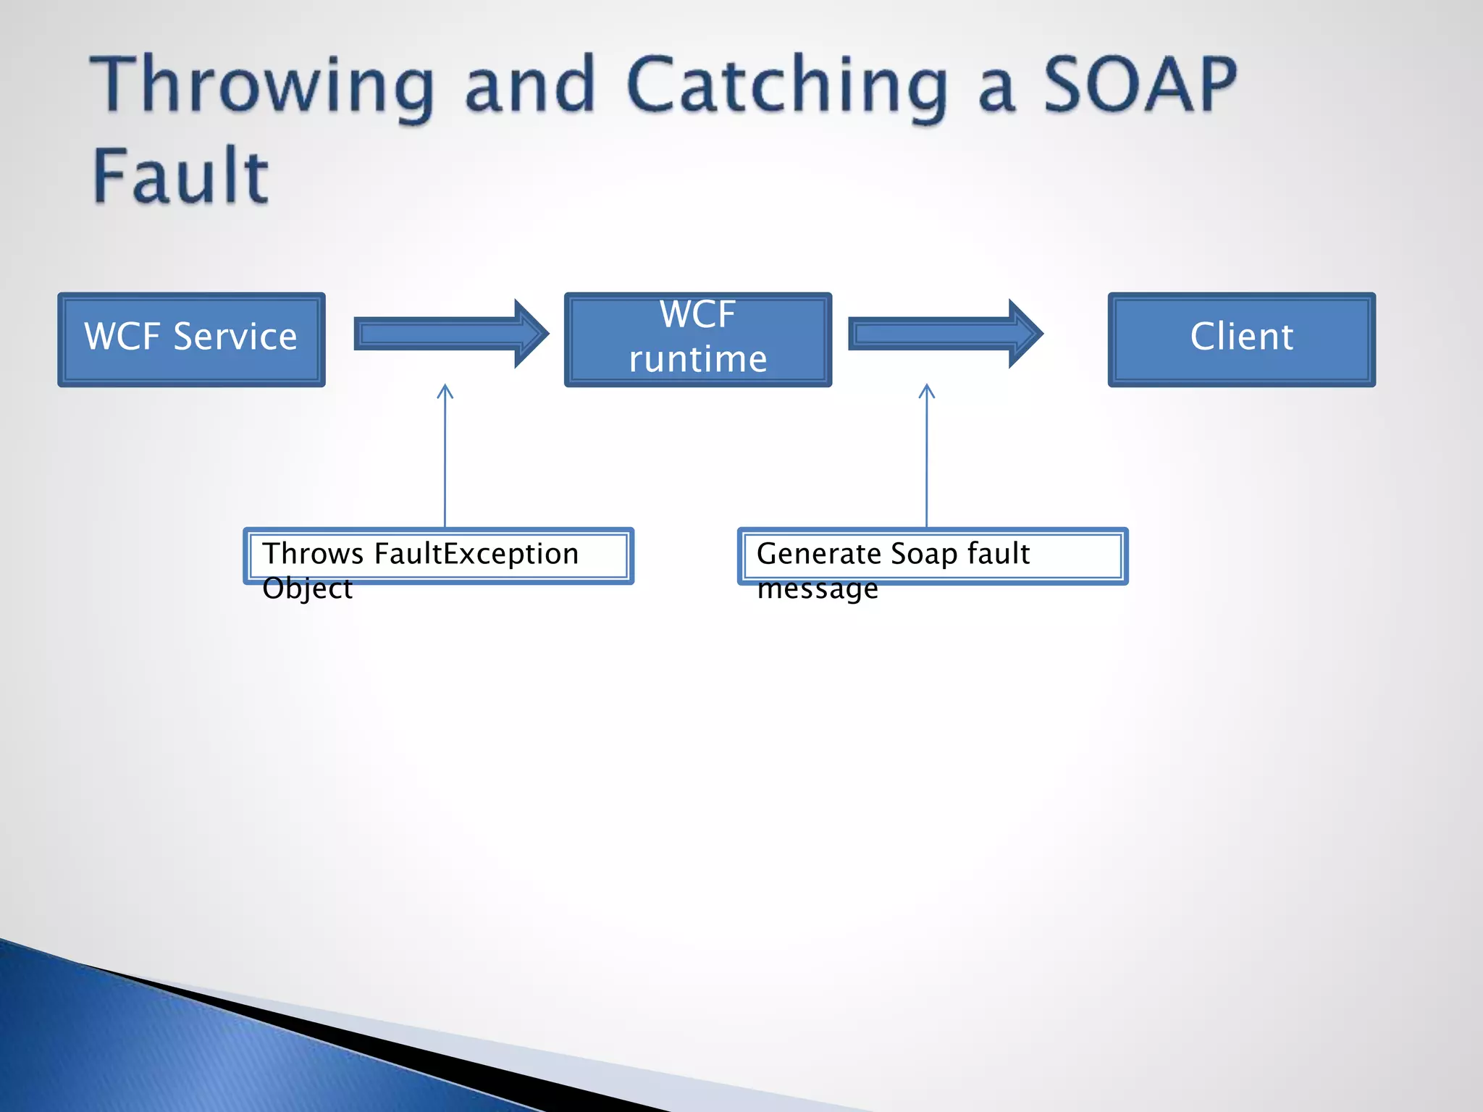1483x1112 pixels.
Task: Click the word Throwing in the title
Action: [262, 87]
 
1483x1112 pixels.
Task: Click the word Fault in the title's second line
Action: [181, 176]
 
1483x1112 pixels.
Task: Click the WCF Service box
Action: [191, 340]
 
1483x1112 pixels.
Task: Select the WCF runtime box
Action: [697, 340]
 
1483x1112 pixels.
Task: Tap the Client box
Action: [1241, 340]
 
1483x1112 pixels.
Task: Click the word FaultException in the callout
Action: [476, 554]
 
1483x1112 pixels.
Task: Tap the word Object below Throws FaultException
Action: [307, 589]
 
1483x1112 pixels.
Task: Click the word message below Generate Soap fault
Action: [817, 589]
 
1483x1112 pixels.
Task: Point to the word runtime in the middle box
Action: [697, 360]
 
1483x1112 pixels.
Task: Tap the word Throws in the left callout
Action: [313, 554]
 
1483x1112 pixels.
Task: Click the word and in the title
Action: [530, 87]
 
